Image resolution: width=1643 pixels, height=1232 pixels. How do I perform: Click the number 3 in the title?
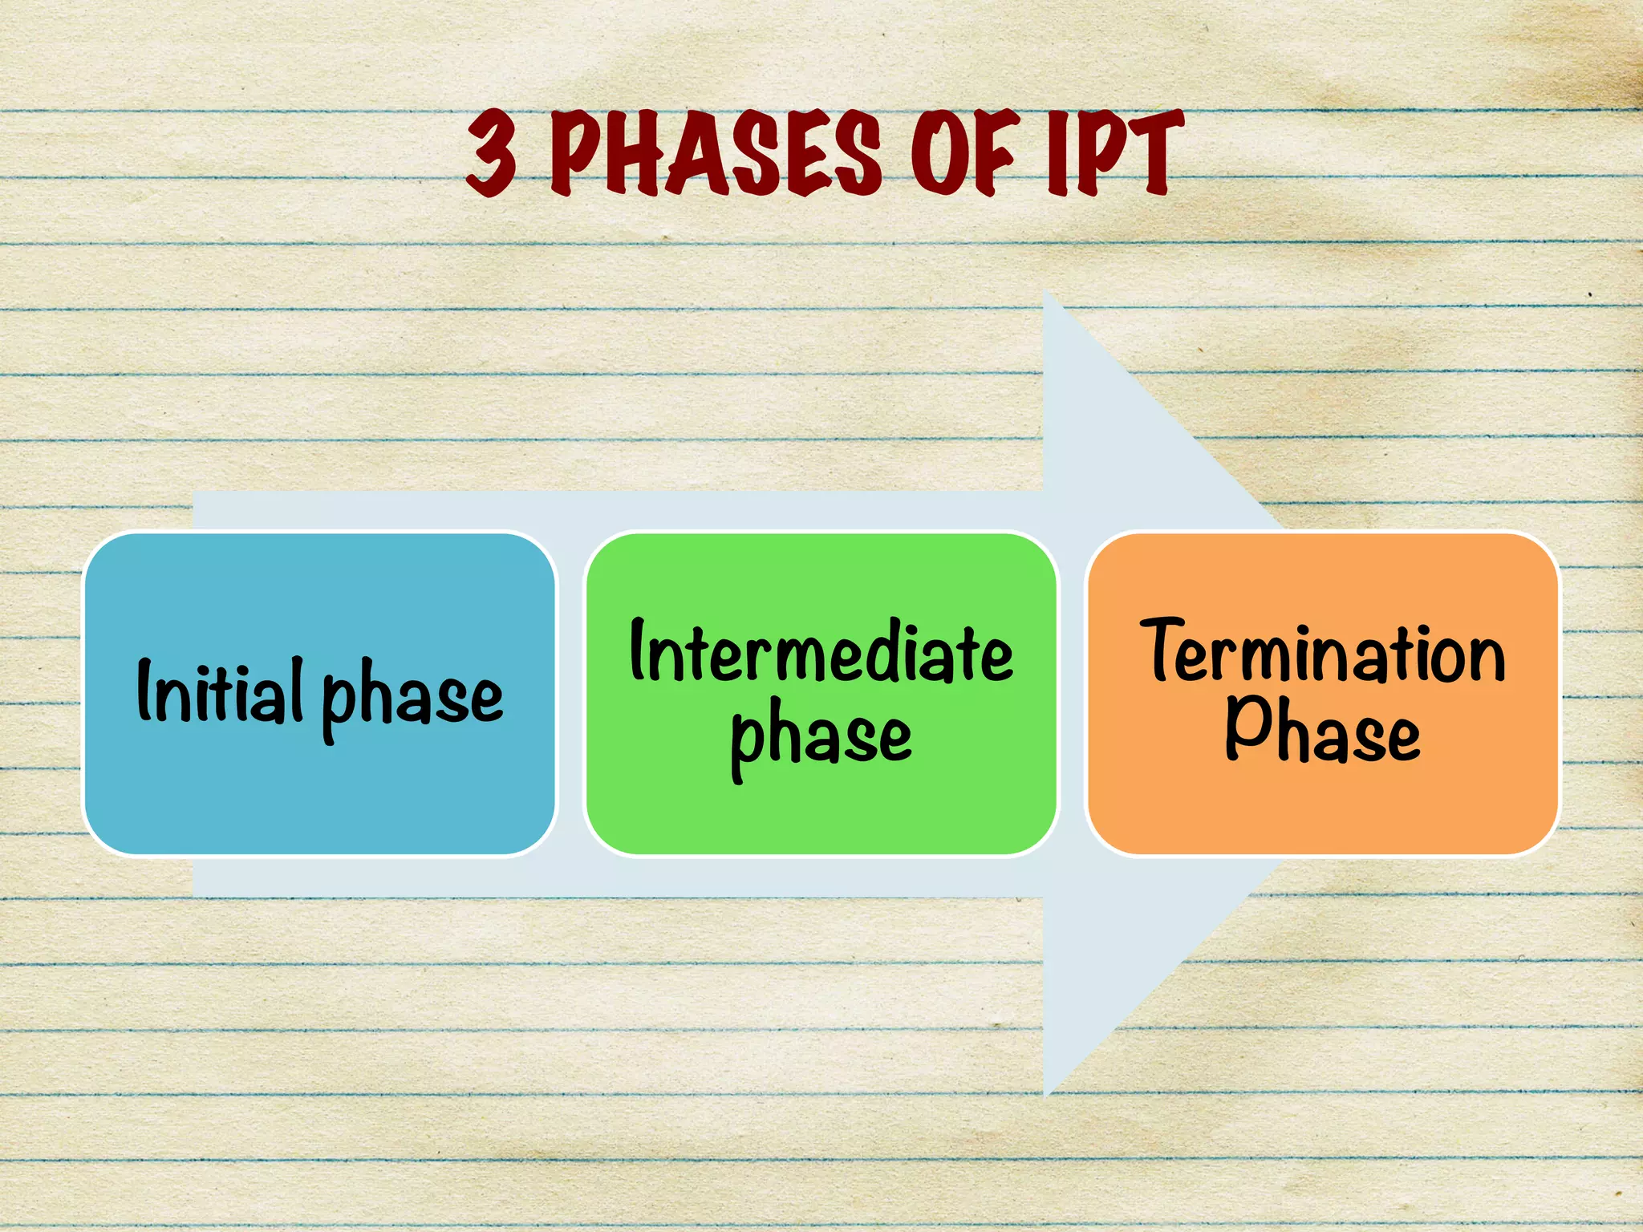[492, 154]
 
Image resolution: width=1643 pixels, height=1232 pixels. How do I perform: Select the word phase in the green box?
[821, 736]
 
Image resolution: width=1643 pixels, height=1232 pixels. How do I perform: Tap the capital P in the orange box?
[1244, 726]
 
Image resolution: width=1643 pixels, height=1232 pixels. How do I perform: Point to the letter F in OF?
[995, 154]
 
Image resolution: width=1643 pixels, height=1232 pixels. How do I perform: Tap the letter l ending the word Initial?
[297, 688]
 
